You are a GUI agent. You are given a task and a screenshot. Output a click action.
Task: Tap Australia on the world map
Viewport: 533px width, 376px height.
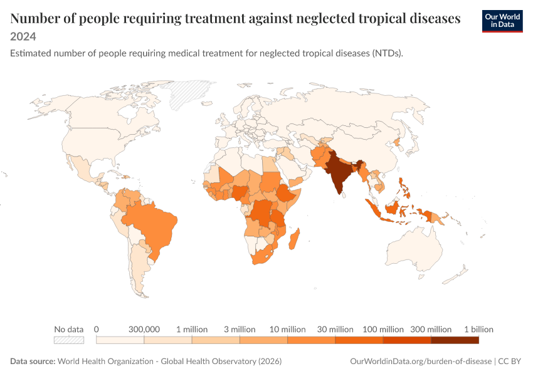click(414, 249)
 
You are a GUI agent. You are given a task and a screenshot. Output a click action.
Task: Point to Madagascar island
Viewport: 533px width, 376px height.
click(294, 238)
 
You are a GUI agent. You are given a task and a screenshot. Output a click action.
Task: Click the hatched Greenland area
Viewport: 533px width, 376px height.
click(187, 93)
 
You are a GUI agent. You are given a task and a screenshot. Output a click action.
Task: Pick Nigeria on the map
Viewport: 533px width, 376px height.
click(240, 193)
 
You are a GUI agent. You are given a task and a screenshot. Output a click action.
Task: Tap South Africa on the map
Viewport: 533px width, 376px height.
click(262, 257)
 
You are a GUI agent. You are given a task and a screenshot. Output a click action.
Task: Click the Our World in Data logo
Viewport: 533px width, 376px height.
click(502, 21)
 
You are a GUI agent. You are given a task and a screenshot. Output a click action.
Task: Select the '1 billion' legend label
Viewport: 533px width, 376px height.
click(478, 329)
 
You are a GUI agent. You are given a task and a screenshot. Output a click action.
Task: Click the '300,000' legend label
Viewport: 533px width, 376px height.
click(144, 329)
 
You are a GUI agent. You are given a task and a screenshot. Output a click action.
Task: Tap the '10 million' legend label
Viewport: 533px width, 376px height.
click(288, 329)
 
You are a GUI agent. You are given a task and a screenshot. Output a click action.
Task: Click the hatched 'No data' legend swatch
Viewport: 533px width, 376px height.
click(69, 340)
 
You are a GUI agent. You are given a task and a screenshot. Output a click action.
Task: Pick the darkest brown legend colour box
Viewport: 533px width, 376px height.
click(455, 340)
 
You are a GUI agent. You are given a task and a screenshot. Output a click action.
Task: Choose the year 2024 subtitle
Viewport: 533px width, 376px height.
click(23, 36)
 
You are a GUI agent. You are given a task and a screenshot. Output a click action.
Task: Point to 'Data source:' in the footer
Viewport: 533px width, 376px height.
click(33, 361)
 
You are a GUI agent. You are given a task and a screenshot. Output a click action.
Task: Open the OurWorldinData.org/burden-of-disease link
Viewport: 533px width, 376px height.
click(421, 361)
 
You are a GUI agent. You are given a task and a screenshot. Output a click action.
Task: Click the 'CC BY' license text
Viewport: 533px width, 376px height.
click(510, 361)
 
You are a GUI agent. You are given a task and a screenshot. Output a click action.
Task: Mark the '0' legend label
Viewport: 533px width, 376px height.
click(96, 329)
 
